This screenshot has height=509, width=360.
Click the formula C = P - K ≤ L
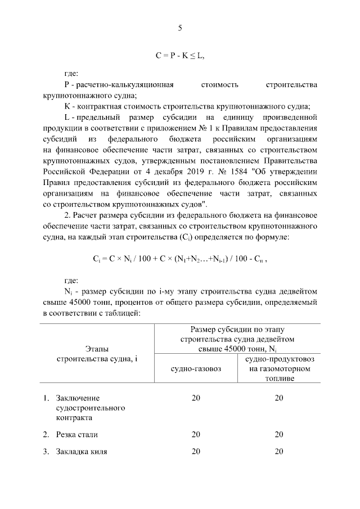[180, 56]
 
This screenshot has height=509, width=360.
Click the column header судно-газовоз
[195, 368]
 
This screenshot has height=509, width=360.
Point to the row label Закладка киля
[81, 451]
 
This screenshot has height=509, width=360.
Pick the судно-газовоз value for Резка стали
[195, 434]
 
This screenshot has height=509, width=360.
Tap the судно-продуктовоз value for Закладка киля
[279, 451]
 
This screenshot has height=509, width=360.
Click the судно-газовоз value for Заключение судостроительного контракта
[195, 398]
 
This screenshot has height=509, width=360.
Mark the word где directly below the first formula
[71, 73]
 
